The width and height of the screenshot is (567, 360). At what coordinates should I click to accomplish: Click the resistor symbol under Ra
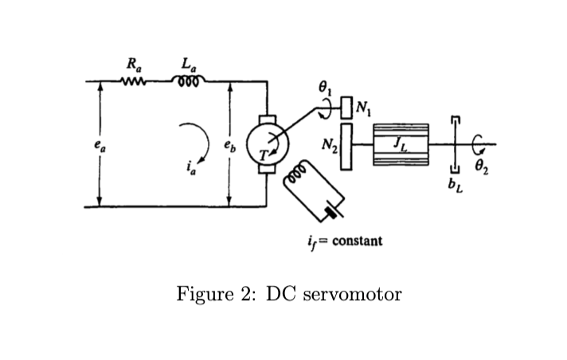131,80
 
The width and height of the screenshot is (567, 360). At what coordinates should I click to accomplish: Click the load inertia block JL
401,145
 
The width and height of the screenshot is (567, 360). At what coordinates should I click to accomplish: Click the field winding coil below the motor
296,182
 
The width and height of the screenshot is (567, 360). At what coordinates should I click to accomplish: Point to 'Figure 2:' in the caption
216,294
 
